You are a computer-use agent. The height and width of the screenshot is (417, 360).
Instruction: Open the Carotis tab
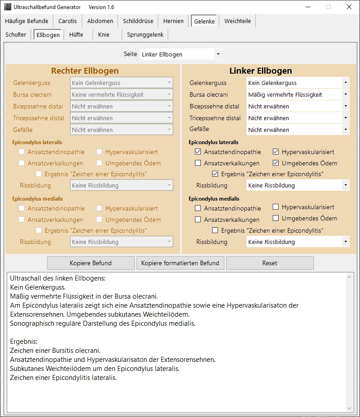pos(67,21)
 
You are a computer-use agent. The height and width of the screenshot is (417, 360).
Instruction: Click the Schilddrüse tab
pos(138,21)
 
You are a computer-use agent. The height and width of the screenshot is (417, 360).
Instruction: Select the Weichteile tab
pos(237,21)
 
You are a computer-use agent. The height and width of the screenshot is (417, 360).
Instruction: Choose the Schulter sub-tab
pos(16,34)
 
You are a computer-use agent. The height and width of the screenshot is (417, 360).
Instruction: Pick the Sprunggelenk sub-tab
pos(146,34)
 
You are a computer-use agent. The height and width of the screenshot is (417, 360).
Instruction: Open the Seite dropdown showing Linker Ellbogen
pos(181,54)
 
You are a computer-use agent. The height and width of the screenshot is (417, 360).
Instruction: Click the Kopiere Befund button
pos(90,263)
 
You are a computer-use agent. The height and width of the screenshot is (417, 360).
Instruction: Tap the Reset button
pos(270,263)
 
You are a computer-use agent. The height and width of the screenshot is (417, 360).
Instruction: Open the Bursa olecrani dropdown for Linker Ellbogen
pos(298,94)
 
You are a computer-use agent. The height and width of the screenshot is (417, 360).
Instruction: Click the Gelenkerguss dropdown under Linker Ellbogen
pos(298,83)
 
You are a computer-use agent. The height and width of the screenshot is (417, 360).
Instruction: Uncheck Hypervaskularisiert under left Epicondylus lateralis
pos(276,152)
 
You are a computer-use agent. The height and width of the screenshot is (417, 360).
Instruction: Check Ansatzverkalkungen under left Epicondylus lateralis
pos(198,163)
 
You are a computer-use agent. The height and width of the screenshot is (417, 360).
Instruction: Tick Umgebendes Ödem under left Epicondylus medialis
pos(276,218)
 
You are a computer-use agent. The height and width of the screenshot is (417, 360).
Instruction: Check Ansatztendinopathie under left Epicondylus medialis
pos(198,208)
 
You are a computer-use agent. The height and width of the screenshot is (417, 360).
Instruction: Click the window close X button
pos(349,7)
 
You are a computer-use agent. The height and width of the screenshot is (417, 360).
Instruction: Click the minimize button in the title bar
pos(307,7)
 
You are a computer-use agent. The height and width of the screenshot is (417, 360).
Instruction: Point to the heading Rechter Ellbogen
pos(85,71)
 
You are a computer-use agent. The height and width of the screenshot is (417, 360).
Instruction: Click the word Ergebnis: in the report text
pos(23,341)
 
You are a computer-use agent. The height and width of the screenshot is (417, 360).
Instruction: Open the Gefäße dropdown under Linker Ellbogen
pos(298,130)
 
